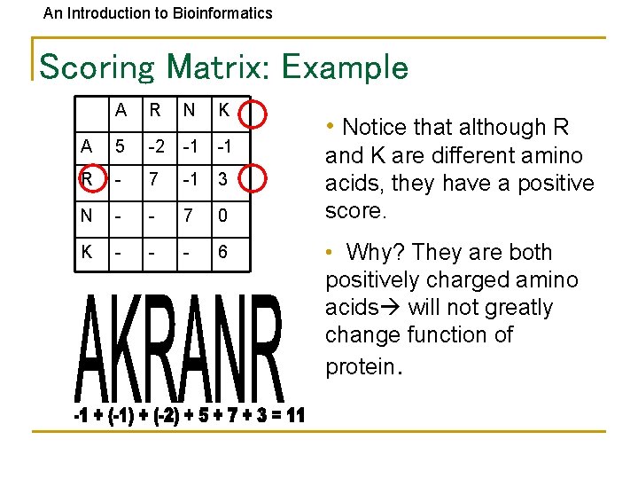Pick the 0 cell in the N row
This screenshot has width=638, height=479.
(x=223, y=216)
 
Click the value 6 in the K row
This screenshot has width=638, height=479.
(x=223, y=252)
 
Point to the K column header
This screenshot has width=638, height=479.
(x=223, y=111)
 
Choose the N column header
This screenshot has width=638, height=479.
(x=189, y=111)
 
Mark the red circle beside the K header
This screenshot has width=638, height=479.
(x=254, y=111)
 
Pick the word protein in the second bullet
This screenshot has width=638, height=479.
(x=360, y=366)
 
